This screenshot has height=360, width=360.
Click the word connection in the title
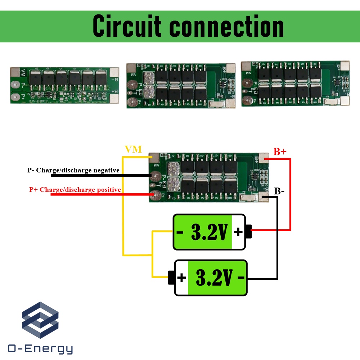click(227, 26)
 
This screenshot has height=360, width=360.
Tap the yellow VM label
click(133, 149)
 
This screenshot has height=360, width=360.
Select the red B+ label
click(280, 152)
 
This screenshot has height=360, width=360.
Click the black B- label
click(279, 191)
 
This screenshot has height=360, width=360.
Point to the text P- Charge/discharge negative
click(73, 170)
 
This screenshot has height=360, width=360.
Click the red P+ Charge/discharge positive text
click(75, 190)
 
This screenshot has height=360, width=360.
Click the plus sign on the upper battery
click(238, 232)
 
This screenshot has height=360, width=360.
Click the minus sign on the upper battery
click(180, 233)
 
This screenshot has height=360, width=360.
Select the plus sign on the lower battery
click(181, 278)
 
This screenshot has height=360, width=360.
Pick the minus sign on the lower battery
click(241, 278)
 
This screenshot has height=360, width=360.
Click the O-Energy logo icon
click(40, 320)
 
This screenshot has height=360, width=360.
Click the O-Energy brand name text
click(40, 349)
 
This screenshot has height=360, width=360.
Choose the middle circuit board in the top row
click(181, 85)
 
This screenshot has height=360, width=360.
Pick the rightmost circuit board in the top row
click(295, 84)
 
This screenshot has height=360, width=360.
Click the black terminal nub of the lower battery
click(171, 278)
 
